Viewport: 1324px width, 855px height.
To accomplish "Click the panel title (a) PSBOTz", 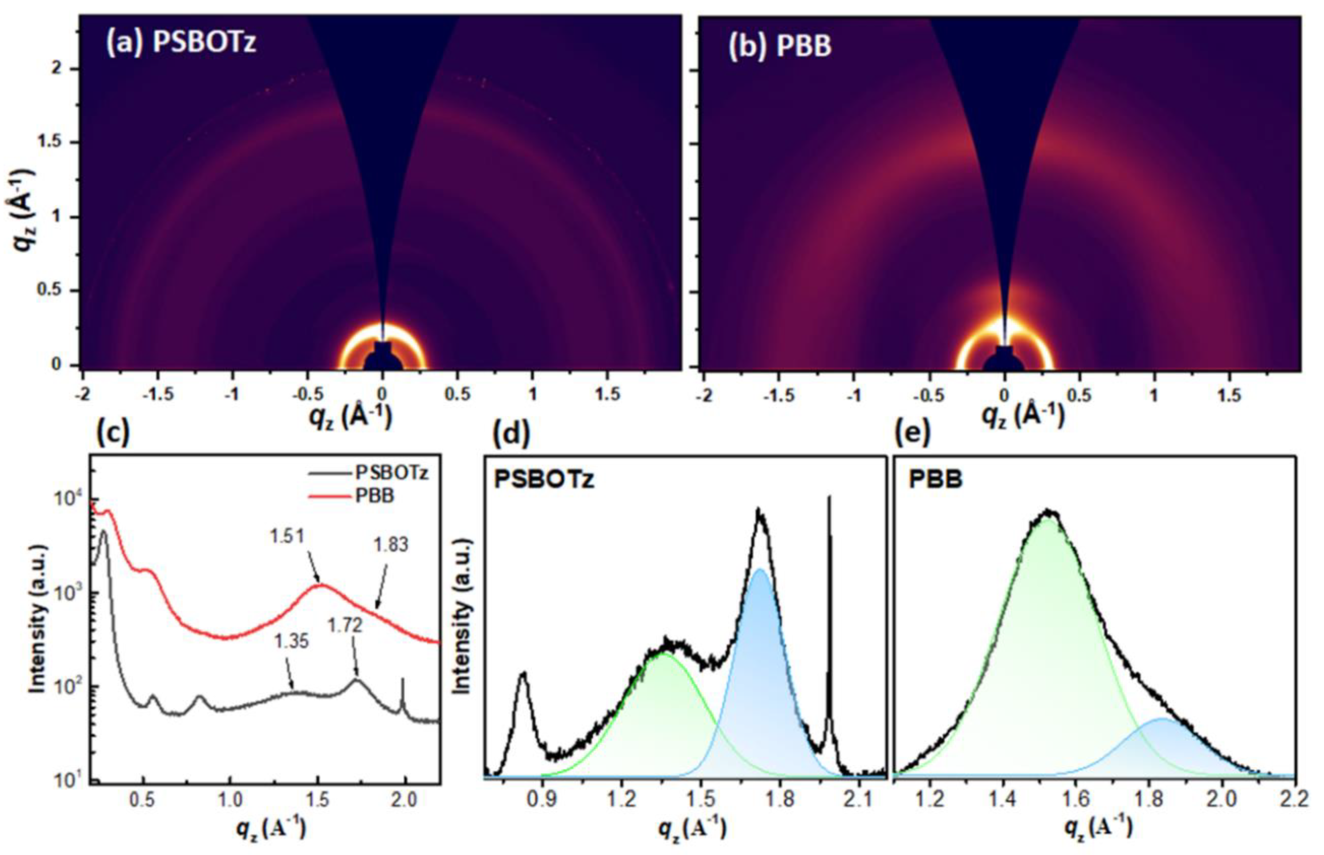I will point(181,42).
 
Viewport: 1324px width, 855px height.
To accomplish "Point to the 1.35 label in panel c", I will point(291,642).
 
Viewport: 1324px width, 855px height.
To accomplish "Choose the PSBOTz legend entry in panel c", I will point(391,473).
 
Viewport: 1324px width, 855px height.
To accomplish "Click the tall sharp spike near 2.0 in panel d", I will point(829,500).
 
